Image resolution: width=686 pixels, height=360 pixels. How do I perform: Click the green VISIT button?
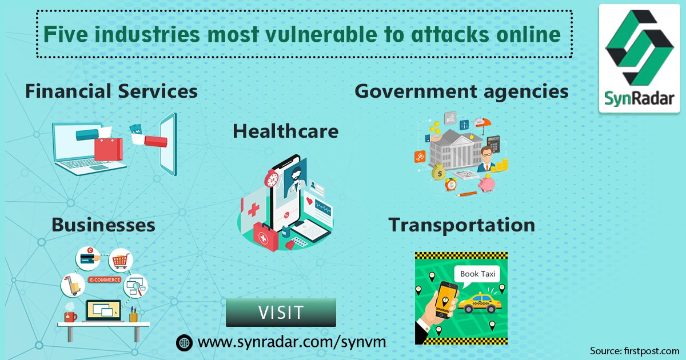click(281, 313)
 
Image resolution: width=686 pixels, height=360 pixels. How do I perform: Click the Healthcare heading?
click(285, 131)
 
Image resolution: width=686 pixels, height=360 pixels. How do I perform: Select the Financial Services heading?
click(111, 91)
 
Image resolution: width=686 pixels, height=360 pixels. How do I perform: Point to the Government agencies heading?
click(461, 91)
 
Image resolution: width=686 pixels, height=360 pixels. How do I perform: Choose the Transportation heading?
click(462, 225)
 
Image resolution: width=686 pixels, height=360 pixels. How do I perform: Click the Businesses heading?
click(103, 225)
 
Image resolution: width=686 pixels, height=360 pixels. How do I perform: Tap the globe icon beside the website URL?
click(184, 342)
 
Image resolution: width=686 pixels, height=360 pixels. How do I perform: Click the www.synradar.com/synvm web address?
click(292, 342)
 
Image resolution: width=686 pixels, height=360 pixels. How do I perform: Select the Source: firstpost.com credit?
click(635, 350)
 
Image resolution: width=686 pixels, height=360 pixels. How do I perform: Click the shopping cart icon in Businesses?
click(121, 261)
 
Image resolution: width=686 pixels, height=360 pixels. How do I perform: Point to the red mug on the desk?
click(70, 315)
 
